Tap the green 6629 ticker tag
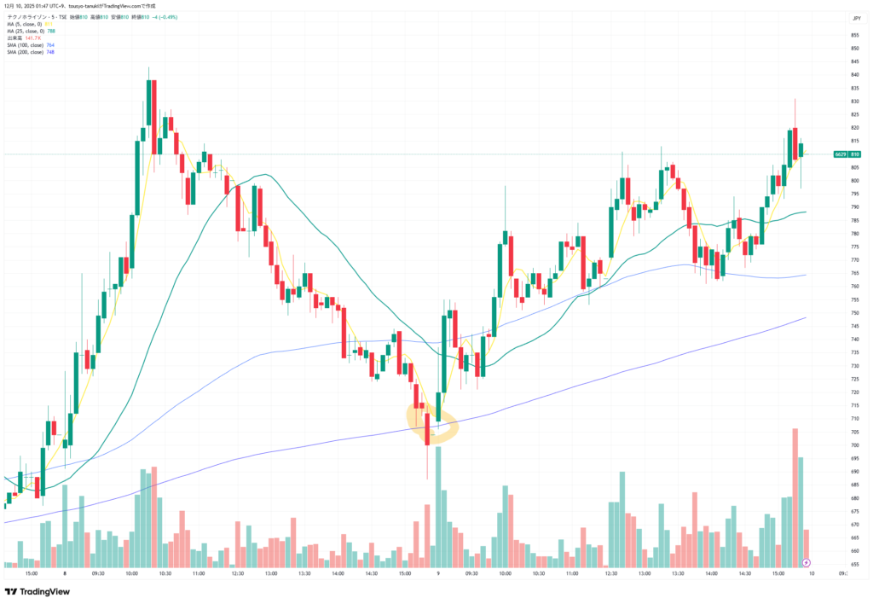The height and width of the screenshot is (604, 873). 841,154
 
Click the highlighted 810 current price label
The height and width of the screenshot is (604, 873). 855,154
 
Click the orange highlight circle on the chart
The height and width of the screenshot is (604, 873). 432,423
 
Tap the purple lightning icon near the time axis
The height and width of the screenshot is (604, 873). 807,562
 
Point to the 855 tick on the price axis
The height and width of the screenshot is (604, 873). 854,35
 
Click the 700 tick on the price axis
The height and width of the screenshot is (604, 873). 854,445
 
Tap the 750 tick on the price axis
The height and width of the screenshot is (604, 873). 854,313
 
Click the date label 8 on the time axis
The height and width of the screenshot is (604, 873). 65,573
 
